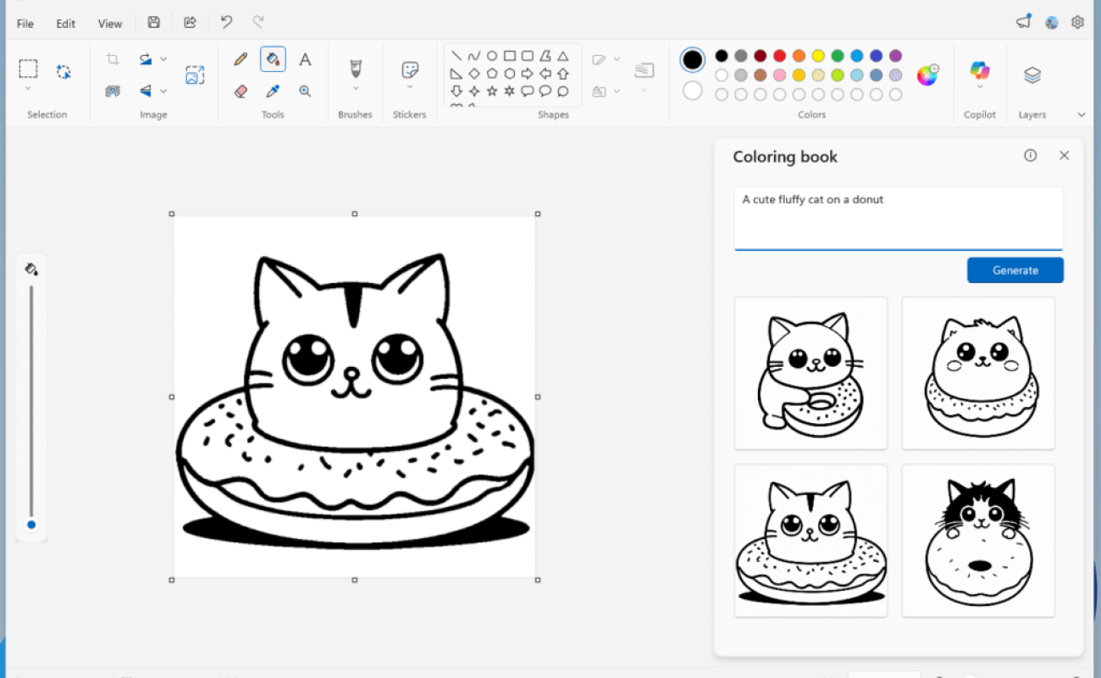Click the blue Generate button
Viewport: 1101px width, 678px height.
(1015, 270)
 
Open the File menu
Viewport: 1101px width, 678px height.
(25, 24)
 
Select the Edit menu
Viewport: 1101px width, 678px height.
(66, 24)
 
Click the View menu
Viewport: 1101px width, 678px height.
(110, 24)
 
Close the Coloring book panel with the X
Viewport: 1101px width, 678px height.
(1064, 156)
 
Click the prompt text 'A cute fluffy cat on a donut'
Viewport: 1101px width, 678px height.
(812, 200)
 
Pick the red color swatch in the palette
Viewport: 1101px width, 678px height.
(779, 56)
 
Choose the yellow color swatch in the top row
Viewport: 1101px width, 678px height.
(818, 56)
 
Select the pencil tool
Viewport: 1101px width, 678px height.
(241, 59)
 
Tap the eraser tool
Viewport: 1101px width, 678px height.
(241, 91)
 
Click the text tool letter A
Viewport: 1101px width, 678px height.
(305, 59)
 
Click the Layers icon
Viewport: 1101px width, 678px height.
(1032, 75)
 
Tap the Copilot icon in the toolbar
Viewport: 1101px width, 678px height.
(980, 71)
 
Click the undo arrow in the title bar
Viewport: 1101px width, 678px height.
(226, 23)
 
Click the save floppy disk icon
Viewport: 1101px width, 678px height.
(153, 23)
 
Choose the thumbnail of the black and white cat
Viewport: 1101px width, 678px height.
(978, 540)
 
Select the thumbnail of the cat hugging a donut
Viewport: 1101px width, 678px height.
(811, 373)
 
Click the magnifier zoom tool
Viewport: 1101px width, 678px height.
(305, 91)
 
